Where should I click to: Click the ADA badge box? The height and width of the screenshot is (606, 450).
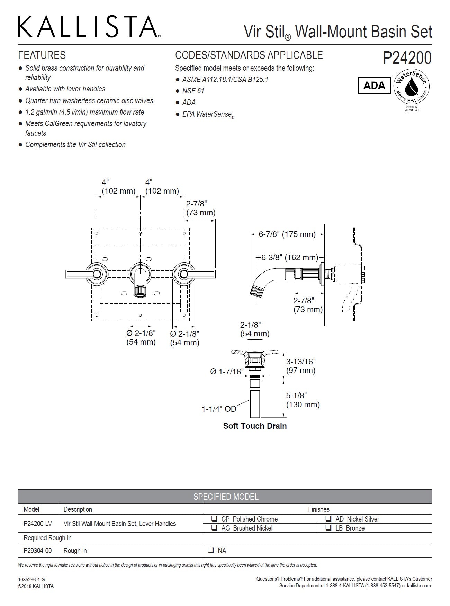tap(374, 85)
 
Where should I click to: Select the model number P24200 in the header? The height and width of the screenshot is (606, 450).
tap(407, 58)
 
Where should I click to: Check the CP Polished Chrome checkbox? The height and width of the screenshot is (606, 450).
tap(215, 519)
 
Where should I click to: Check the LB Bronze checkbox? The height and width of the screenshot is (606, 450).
tap(328, 528)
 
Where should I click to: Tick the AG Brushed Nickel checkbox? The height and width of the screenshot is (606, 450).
tap(215, 528)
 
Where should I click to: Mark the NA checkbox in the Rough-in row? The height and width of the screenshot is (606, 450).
tap(210, 550)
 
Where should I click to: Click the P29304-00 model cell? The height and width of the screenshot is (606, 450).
tap(37, 550)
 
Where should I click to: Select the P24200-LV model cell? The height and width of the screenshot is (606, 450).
tap(37, 523)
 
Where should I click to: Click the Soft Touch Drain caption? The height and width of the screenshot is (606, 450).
tap(255, 426)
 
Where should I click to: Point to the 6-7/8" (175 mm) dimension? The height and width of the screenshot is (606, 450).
tap(287, 234)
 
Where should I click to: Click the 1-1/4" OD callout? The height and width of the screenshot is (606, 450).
tap(219, 409)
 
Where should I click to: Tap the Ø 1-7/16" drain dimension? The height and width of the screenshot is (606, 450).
tap(227, 372)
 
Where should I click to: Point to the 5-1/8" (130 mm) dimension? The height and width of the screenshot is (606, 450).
tap(303, 400)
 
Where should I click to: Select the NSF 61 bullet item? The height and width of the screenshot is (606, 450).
tap(193, 91)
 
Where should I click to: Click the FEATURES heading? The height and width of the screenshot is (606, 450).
tap(42, 55)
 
